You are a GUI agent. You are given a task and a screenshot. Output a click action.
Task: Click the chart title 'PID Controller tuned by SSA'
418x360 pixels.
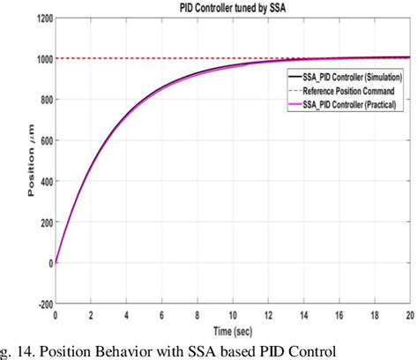pyautogui.click(x=233, y=7)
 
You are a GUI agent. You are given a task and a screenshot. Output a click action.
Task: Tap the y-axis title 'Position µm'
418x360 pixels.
pyautogui.click(x=32, y=161)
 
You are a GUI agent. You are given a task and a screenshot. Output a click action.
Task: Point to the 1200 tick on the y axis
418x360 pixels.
pyautogui.click(x=41, y=19)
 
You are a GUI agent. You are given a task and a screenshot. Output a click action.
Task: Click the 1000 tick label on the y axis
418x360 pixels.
pyautogui.click(x=41, y=58)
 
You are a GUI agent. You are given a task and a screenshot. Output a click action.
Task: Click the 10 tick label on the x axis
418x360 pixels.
pyautogui.click(x=232, y=315)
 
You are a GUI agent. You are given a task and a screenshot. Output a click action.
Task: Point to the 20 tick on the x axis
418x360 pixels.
pyautogui.click(x=408, y=315)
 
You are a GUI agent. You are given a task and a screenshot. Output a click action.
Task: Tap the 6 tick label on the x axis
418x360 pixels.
pyautogui.click(x=161, y=315)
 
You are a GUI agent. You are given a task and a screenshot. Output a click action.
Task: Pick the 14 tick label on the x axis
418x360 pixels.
pyautogui.click(x=302, y=315)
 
